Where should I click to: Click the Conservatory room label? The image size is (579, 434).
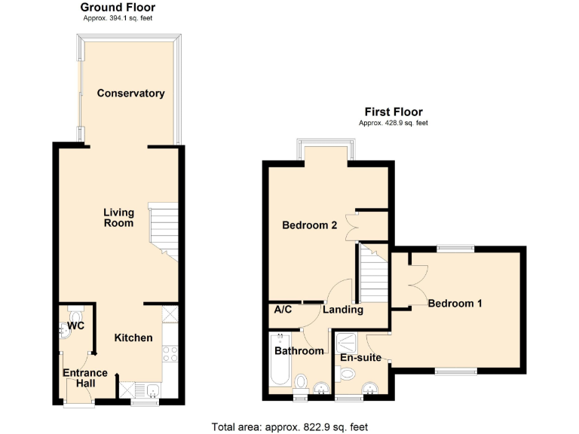(130, 93)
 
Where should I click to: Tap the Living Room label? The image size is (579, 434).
(118, 218)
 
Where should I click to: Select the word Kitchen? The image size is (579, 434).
(133, 338)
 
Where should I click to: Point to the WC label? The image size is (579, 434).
(75, 325)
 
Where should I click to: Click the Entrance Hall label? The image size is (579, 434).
(84, 378)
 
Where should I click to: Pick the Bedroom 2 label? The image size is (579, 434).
(309, 225)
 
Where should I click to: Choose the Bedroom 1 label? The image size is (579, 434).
(455, 304)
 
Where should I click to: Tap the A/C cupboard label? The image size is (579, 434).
(283, 310)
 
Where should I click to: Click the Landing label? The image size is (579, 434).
(343, 310)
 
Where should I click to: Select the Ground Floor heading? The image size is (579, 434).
(118, 8)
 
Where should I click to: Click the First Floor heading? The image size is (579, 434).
(393, 112)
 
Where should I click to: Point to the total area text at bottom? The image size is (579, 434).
(289, 426)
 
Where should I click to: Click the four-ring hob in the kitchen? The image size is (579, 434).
(170, 353)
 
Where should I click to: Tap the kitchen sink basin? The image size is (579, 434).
(152, 390)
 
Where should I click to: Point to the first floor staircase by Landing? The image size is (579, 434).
(372, 273)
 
